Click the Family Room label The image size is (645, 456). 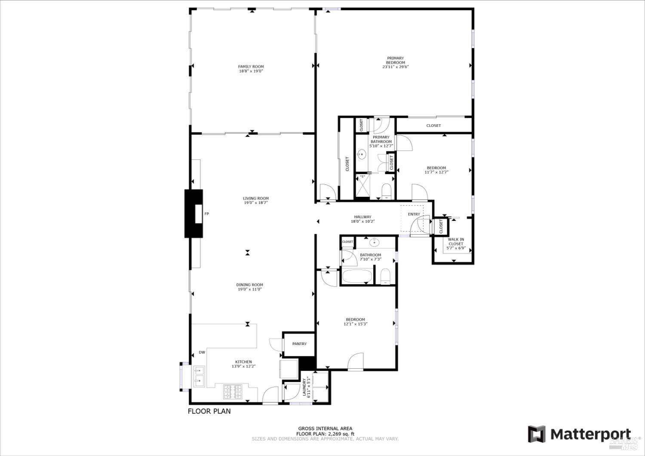pyautogui.click(x=251, y=67)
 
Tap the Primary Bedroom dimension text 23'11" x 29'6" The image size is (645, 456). pyautogui.click(x=395, y=67)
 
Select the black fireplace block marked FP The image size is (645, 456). pyautogui.click(x=193, y=214)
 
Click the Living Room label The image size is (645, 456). pyautogui.click(x=255, y=199)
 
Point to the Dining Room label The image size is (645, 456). pyautogui.click(x=249, y=285)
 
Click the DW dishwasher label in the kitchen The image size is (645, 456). pyautogui.click(x=202, y=353)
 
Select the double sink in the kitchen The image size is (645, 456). pyautogui.click(x=199, y=374)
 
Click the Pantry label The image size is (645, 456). pyautogui.click(x=299, y=344)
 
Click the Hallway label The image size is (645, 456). pyautogui.click(x=362, y=217)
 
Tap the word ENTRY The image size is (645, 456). pyautogui.click(x=414, y=214)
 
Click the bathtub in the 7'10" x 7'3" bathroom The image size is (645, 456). pyautogui.click(x=357, y=276)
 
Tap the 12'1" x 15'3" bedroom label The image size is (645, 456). pyautogui.click(x=355, y=320)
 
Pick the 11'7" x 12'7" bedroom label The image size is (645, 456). pyautogui.click(x=436, y=168)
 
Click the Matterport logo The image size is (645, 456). pyautogui.click(x=580, y=434)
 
